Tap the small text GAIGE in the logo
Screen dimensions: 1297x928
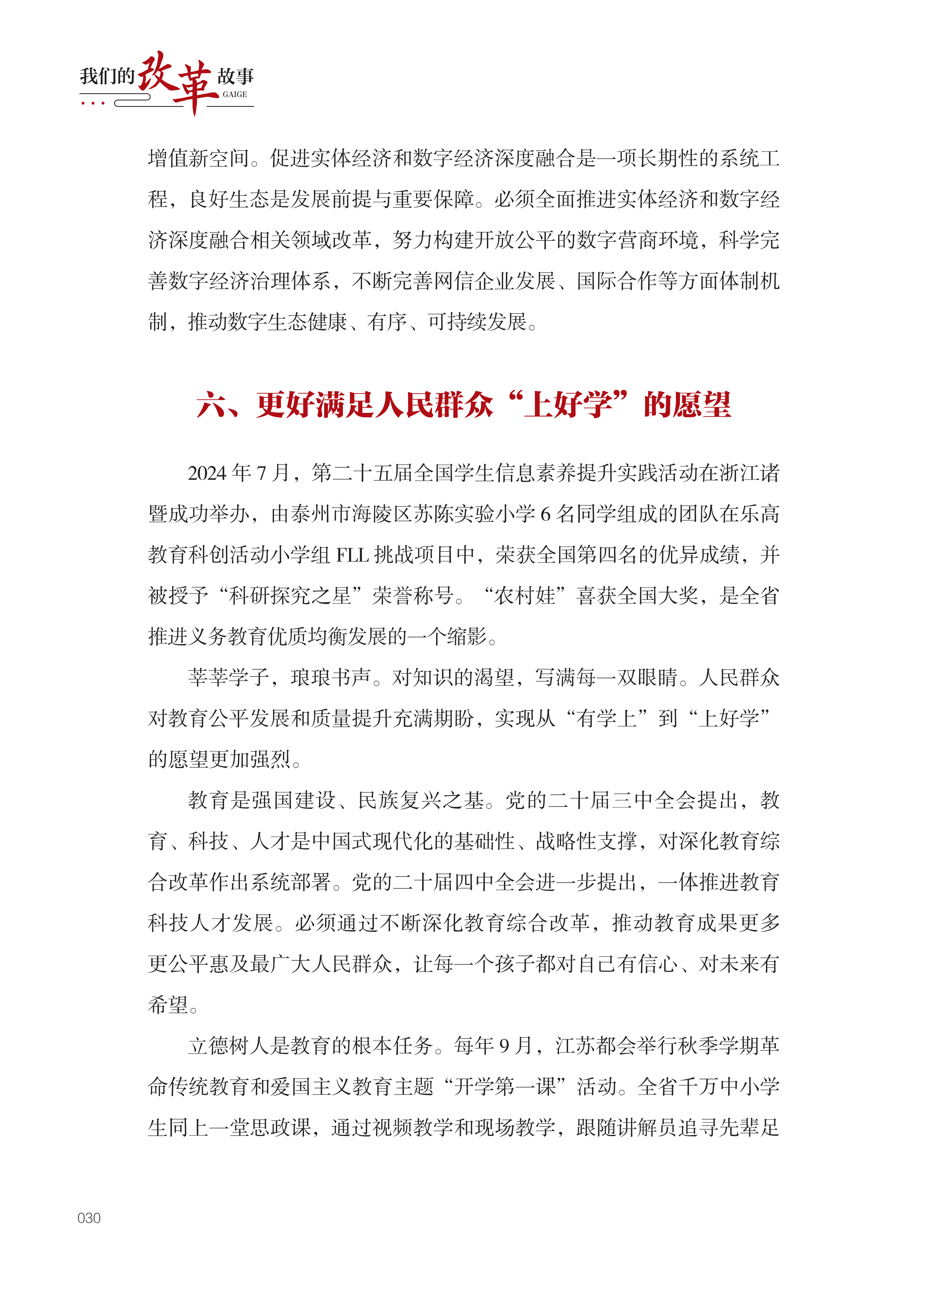pos(235,94)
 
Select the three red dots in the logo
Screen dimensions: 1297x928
pos(93,104)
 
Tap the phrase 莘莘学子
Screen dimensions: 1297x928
pos(229,678)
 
